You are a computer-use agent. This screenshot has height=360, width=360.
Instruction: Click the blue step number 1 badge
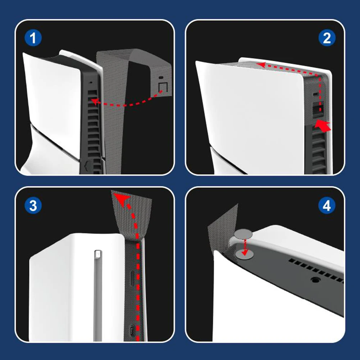tap(33, 38)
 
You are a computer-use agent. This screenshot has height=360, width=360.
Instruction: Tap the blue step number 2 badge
tap(327, 38)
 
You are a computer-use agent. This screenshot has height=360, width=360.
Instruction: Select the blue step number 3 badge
tap(33, 205)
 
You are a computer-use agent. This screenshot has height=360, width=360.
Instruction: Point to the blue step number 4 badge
tap(327, 205)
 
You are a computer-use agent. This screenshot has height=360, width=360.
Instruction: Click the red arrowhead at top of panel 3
tap(122, 199)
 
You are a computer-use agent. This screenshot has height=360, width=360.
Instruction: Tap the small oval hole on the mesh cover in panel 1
tap(161, 78)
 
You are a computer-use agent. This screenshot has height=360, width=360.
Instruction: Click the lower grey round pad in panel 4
tap(245, 254)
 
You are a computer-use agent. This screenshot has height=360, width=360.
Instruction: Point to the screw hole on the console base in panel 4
tap(315, 280)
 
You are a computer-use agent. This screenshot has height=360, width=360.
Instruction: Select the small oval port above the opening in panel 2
tap(316, 94)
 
